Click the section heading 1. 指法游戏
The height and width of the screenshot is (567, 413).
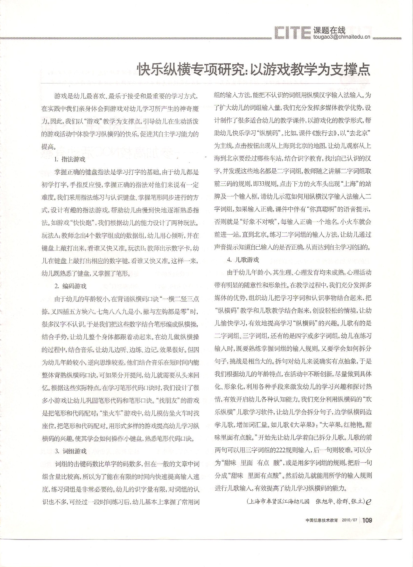coord(70,159)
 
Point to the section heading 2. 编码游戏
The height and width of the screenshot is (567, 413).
coord(71,286)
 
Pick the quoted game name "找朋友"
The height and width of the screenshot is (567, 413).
coord(166,401)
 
